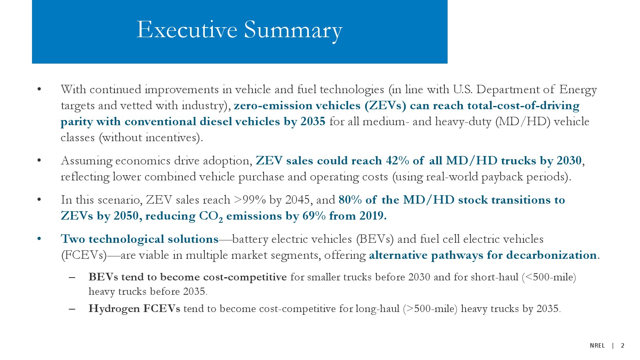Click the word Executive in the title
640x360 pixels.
pos(187,30)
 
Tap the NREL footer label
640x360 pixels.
pos(598,346)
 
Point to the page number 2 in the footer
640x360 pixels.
pos(622,346)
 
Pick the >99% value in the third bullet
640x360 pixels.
pos(250,200)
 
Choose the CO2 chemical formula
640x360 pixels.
pos(211,216)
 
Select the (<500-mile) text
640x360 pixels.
pos(549,277)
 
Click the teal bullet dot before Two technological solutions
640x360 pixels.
pos(40,239)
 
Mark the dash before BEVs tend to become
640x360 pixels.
pos(72,278)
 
